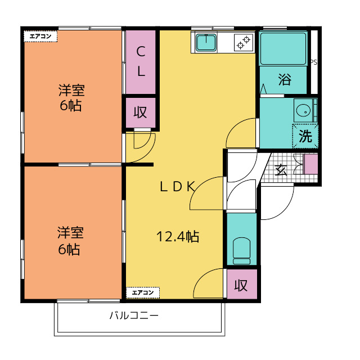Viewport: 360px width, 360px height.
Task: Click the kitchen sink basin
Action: click(x=206, y=43)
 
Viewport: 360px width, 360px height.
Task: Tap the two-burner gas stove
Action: click(x=244, y=43)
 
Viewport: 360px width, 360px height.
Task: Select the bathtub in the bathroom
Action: click(x=283, y=49)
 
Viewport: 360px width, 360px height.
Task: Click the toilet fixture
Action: click(x=241, y=251)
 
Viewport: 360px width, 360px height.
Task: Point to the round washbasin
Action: click(x=304, y=110)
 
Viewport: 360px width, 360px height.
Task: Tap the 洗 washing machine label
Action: click(x=305, y=136)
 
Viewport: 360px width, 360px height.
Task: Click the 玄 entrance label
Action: click(x=281, y=170)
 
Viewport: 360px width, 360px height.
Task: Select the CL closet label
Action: click(x=141, y=61)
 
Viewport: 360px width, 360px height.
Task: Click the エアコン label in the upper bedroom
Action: click(x=40, y=36)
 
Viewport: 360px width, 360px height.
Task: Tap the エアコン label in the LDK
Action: click(x=143, y=292)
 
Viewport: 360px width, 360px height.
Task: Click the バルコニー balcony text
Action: click(x=134, y=316)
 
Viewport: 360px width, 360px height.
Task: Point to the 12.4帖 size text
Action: click(x=178, y=236)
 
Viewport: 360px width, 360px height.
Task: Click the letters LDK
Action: click(x=178, y=186)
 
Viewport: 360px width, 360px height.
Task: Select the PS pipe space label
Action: click(x=314, y=62)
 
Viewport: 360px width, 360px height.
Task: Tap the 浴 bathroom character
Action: click(x=285, y=79)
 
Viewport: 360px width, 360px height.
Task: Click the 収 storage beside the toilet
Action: click(x=241, y=285)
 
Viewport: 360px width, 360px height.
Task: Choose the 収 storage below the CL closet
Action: click(x=140, y=112)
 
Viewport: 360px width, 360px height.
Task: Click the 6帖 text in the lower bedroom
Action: click(x=69, y=250)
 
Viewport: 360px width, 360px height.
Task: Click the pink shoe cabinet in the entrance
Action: click(x=311, y=164)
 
